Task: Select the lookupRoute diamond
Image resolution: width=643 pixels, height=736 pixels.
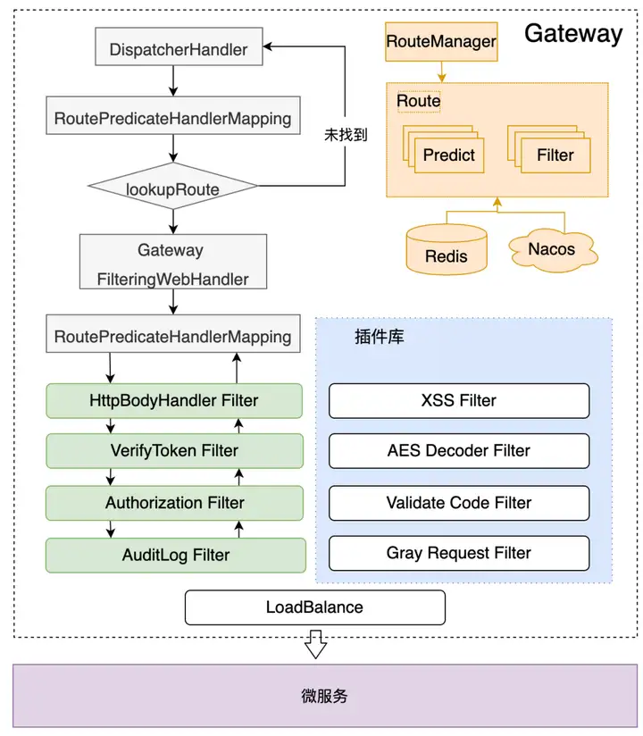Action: pyautogui.click(x=172, y=188)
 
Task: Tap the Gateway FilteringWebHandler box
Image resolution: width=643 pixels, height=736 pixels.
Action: pyautogui.click(x=172, y=263)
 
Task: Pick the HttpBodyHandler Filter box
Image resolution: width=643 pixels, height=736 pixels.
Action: pyautogui.click(x=173, y=400)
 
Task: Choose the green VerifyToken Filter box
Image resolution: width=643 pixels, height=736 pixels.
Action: pyautogui.click(x=173, y=451)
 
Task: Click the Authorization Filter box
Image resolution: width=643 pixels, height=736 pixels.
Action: pyautogui.click(x=173, y=503)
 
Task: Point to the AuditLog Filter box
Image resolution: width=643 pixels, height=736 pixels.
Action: pyautogui.click(x=173, y=555)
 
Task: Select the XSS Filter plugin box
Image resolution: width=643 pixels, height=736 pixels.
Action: pyautogui.click(x=458, y=400)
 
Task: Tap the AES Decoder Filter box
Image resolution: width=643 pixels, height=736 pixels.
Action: pyautogui.click(x=458, y=451)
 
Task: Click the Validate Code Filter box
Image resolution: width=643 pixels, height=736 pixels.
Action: pyautogui.click(x=458, y=503)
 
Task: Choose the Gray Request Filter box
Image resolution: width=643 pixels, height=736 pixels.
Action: pyautogui.click(x=458, y=554)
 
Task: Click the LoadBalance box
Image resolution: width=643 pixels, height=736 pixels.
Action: pyautogui.click(x=314, y=607)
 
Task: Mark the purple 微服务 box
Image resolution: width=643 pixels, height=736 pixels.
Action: pyautogui.click(x=322, y=696)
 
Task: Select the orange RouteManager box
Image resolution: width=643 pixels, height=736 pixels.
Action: pyautogui.click(x=440, y=42)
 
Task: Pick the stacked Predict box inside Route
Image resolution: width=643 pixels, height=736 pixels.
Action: pyautogui.click(x=448, y=155)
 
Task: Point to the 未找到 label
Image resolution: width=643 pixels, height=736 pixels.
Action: pyautogui.click(x=346, y=135)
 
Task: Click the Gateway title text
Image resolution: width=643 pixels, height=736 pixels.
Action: pyautogui.click(x=572, y=34)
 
